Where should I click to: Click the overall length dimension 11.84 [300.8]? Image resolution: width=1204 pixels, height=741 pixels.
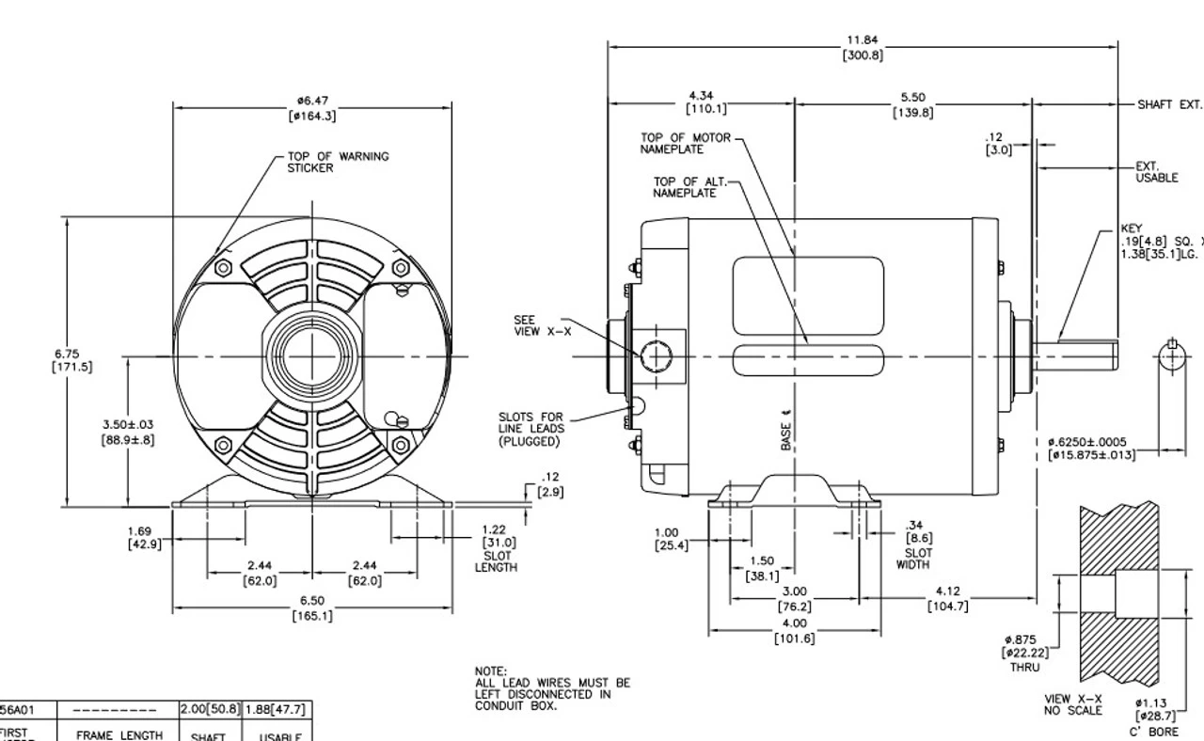pyautogui.click(x=862, y=48)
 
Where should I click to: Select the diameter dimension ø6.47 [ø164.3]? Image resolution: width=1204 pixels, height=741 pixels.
pyautogui.click(x=312, y=108)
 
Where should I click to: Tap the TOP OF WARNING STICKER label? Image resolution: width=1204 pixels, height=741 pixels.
pyautogui.click(x=338, y=162)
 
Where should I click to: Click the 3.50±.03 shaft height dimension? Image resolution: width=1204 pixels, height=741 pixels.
pyautogui.click(x=128, y=432)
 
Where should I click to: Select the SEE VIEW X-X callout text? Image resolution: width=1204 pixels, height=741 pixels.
pyautogui.click(x=540, y=325)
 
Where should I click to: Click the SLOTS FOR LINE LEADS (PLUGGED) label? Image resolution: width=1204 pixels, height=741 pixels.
pyautogui.click(x=531, y=429)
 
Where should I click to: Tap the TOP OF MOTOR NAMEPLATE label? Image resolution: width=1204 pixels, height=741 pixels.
pyautogui.click(x=685, y=143)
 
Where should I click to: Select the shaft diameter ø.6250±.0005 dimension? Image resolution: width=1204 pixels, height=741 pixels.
pyautogui.click(x=1091, y=449)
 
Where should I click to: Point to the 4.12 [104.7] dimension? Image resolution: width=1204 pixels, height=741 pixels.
pyautogui.click(x=947, y=598)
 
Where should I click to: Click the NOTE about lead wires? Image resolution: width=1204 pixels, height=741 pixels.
pyautogui.click(x=552, y=688)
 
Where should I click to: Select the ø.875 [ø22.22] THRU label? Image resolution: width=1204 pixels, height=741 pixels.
pyautogui.click(x=1026, y=653)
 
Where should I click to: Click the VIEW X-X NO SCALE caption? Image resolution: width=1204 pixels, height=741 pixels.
pyautogui.click(x=1072, y=704)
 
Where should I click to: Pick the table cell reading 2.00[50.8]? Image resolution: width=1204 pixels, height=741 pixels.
pyautogui.click(x=210, y=709)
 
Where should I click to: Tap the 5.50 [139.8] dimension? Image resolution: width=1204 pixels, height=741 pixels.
pyautogui.click(x=912, y=104)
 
